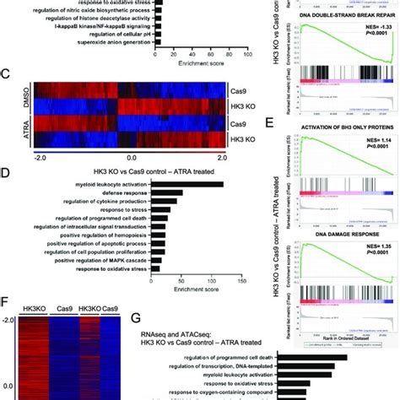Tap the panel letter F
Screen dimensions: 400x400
click(6, 300)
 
